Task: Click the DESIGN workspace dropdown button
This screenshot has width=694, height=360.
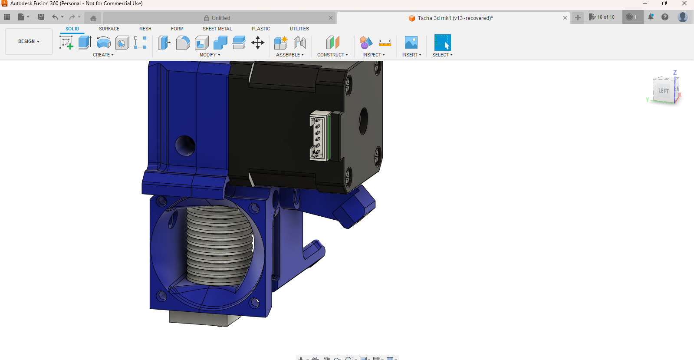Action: (x=29, y=42)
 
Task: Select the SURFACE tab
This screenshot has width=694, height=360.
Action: (x=109, y=29)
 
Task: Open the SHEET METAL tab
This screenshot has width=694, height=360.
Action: (x=217, y=29)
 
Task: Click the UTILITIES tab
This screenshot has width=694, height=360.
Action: (x=299, y=29)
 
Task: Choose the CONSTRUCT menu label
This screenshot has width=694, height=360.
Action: (x=332, y=55)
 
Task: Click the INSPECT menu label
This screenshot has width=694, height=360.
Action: (x=374, y=55)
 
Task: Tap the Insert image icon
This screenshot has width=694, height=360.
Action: (x=411, y=43)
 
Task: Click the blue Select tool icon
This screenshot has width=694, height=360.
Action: (x=442, y=43)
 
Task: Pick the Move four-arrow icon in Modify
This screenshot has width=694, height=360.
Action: (x=258, y=43)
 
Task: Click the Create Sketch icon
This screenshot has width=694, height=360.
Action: (x=66, y=43)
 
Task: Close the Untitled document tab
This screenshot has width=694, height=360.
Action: (x=331, y=18)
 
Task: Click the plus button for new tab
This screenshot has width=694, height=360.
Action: (x=578, y=17)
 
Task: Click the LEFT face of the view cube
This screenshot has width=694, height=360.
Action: (x=663, y=91)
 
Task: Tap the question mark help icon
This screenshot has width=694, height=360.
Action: (x=665, y=17)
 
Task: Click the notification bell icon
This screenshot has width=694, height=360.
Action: (x=651, y=17)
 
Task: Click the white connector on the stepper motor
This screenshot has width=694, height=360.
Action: (x=319, y=135)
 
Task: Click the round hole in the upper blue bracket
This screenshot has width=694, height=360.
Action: (x=185, y=145)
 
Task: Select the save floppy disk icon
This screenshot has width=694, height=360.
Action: (x=41, y=17)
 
